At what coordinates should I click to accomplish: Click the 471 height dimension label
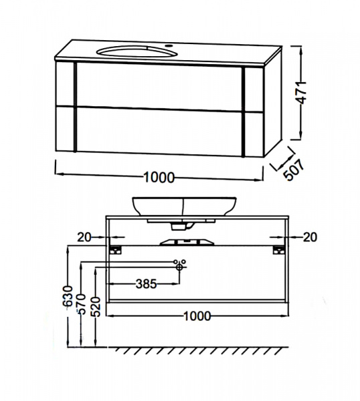click(302, 93)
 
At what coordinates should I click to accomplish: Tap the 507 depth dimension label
click(294, 170)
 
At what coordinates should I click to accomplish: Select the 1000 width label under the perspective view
click(159, 177)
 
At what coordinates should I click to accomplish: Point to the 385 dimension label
click(146, 283)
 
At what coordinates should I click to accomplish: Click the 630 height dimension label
click(68, 296)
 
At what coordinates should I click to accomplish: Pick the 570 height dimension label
click(82, 304)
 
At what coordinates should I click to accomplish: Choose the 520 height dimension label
click(96, 307)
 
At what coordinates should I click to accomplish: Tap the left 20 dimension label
click(84, 237)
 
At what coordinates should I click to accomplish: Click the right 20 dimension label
click(310, 237)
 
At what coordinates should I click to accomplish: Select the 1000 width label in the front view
click(197, 316)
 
